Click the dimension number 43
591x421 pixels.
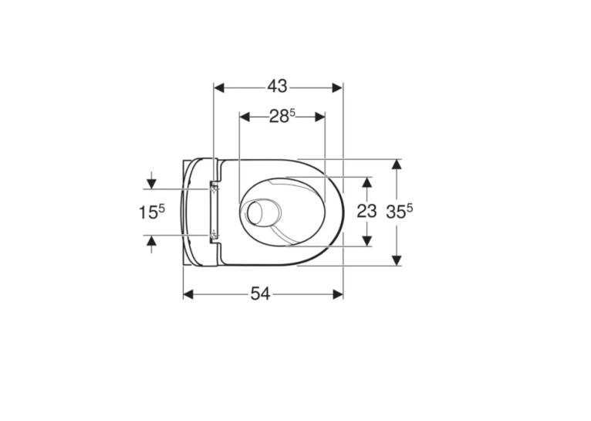[x=278, y=87]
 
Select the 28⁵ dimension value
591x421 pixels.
[x=282, y=116]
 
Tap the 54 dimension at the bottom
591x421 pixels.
[x=261, y=294]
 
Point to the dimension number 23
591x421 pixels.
[x=366, y=211]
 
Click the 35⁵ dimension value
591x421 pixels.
[x=400, y=211]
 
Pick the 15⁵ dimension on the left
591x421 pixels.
[x=152, y=212]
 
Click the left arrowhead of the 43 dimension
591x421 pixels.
[x=219, y=88]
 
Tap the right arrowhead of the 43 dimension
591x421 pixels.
[x=337, y=88]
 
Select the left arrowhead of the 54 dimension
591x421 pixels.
[x=188, y=294]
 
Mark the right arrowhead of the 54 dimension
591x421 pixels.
[x=338, y=294]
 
